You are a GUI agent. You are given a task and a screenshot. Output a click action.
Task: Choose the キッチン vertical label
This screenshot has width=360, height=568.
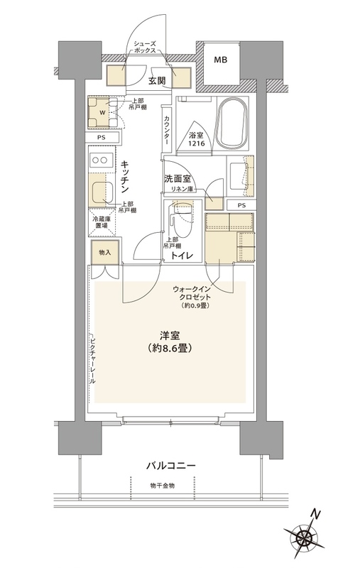tap(124, 175)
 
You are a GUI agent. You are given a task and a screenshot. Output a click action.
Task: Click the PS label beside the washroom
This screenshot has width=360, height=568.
tap(242, 205)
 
